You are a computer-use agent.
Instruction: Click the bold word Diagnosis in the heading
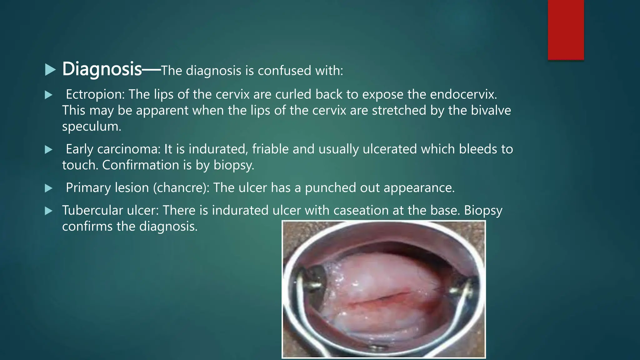[x=102, y=69]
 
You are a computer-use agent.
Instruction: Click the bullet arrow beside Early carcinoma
[x=48, y=150]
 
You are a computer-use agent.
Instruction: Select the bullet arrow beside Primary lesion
[x=48, y=188]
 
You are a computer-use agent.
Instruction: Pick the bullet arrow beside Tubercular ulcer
[x=48, y=211]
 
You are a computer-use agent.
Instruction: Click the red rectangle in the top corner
[x=566, y=30]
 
